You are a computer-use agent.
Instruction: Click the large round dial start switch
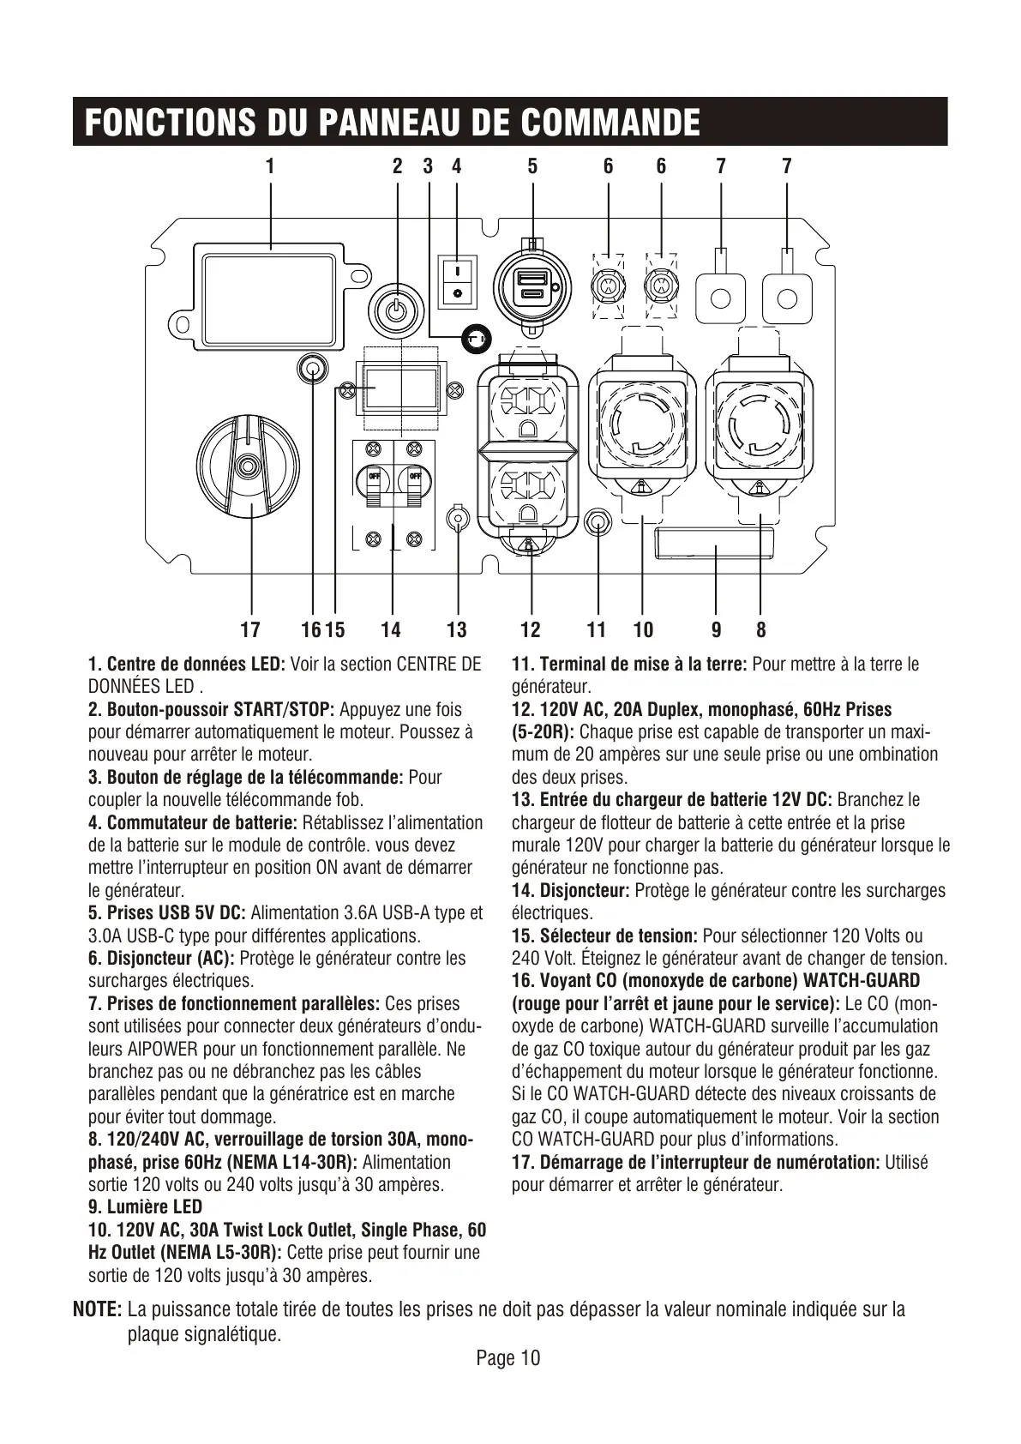coord(249,466)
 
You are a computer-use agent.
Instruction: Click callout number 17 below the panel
coord(250,630)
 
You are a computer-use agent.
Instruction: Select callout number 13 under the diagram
coord(457,630)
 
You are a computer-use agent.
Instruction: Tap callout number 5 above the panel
coord(532,166)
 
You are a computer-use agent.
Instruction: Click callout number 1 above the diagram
coord(270,166)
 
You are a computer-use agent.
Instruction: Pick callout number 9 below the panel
coord(716,630)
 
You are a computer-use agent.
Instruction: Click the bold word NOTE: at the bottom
coord(97,1310)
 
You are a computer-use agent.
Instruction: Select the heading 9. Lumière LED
coord(146,1207)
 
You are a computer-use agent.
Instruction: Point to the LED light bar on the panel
coord(714,545)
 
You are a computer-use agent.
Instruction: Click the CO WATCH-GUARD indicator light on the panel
coord(314,370)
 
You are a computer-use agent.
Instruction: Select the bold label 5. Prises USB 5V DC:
coord(167,913)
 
